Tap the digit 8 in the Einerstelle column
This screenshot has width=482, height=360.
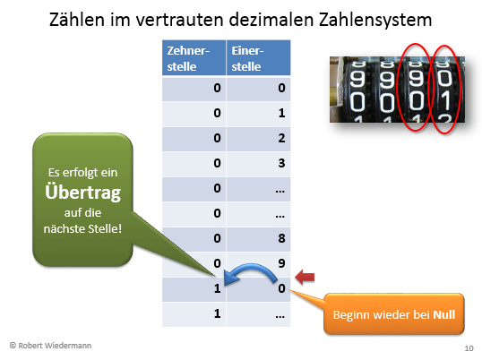click(x=281, y=238)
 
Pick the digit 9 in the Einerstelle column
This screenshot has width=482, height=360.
click(x=281, y=263)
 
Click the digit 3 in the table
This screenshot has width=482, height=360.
click(x=281, y=163)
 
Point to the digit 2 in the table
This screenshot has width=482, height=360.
click(x=281, y=138)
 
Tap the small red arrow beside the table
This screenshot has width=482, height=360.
click(x=305, y=277)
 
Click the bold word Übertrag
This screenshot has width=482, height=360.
click(x=83, y=193)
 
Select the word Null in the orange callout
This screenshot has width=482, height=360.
click(x=443, y=315)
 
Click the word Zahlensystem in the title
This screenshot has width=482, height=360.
click(x=375, y=20)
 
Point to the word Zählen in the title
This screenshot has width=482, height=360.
click(x=77, y=20)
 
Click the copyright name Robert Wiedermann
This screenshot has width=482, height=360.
click(x=55, y=346)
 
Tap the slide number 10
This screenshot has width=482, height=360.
click(x=469, y=348)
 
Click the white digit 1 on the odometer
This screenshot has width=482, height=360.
click(x=444, y=101)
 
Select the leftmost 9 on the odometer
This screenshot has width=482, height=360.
click(x=357, y=78)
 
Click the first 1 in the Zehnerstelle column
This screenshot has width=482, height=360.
click(x=218, y=288)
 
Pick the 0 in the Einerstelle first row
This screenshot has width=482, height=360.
click(x=281, y=88)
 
